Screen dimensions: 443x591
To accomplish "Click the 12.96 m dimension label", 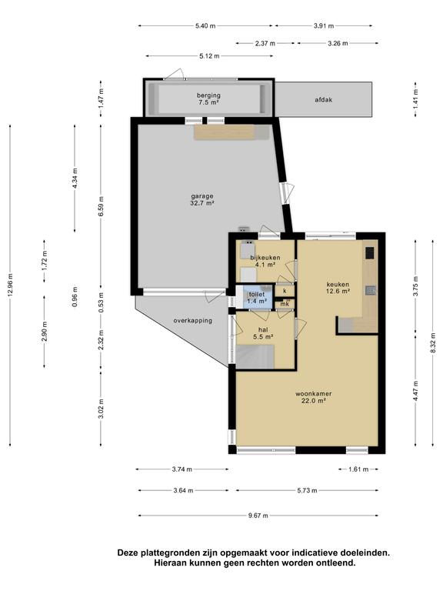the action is coord(10,285).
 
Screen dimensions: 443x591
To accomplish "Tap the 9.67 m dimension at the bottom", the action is coord(258,516).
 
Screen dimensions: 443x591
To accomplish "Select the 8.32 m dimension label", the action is coord(434,343).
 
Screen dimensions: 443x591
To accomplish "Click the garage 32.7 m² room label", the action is coord(202,200).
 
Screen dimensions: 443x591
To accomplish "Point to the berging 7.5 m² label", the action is coord(208,98).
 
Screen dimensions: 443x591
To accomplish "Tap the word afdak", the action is coord(323,100).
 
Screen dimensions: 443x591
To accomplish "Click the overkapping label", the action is coord(192,321).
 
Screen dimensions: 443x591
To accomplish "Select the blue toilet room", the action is coord(255,297).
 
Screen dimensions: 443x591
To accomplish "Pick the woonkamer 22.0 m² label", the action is coord(314,397).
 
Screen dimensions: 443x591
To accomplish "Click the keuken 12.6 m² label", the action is coord(338,288).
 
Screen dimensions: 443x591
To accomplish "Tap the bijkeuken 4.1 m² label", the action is coord(265,261).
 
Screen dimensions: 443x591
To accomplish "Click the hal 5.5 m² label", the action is coord(263,332).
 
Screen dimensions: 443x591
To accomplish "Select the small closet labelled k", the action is coord(285,291).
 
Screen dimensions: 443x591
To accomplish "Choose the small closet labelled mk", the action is coord(285,304).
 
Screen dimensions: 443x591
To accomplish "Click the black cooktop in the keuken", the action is coord(369,252).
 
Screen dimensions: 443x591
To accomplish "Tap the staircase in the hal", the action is coord(255,356).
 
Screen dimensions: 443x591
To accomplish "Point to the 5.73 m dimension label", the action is coord(307,490).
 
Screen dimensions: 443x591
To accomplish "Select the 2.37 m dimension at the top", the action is coord(265,43).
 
